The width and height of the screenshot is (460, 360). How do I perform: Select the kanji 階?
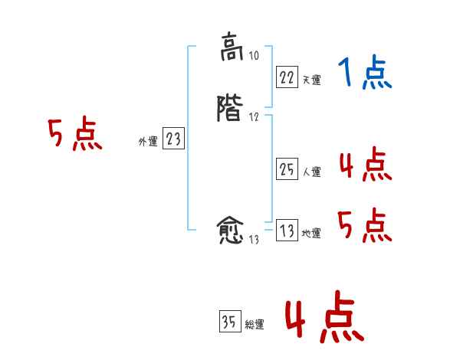[231, 109]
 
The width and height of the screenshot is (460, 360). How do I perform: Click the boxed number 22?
[286, 77]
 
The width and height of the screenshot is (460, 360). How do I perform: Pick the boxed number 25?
[286, 170]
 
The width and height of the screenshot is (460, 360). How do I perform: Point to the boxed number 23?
[173, 139]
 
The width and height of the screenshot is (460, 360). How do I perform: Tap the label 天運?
[311, 80]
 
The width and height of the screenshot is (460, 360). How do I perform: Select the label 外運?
[148, 142]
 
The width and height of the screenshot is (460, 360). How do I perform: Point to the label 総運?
[255, 325]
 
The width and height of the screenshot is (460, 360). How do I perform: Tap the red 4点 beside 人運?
[365, 165]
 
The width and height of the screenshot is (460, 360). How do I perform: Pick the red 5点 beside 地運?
[365, 226]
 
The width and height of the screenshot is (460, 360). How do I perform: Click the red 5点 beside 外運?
[74, 135]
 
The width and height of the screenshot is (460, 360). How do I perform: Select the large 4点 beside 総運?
[324, 319]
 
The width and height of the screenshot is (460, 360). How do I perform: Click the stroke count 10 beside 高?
[255, 56]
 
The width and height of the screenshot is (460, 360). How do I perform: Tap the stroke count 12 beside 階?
[254, 117]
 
